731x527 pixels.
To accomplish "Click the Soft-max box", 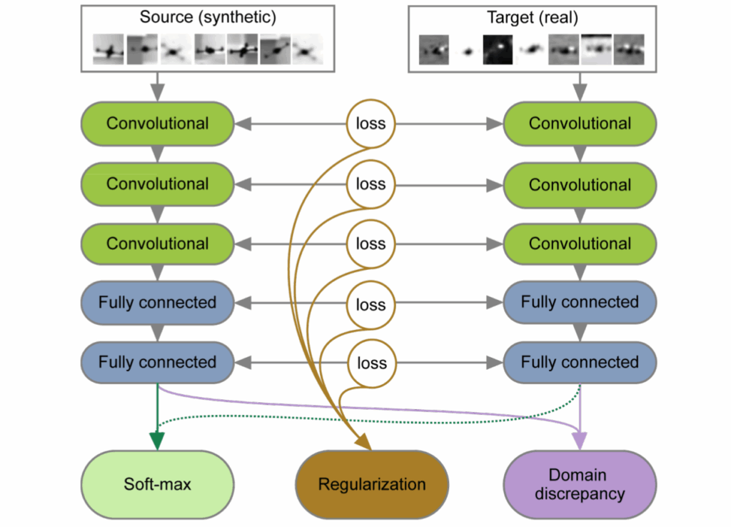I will click(157, 485).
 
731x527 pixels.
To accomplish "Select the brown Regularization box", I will click(372, 485).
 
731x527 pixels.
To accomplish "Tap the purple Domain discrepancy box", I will click(580, 485).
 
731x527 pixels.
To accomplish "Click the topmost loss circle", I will click(370, 124).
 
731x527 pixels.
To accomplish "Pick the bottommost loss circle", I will click(370, 362).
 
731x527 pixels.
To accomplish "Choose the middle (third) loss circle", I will click(370, 244).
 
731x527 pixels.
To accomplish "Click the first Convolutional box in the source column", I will click(158, 124).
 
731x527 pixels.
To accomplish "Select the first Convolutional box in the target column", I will click(580, 124).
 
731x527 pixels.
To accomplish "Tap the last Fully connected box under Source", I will click(158, 362).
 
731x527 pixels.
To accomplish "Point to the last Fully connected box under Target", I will click(580, 362).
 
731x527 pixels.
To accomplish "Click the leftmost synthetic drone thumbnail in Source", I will click(109, 49).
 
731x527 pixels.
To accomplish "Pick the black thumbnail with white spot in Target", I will click(498, 49).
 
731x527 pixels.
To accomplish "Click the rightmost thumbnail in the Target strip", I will click(629, 49).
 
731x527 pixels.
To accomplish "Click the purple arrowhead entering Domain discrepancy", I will click(580, 441).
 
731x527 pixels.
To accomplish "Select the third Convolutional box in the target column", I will click(580, 244).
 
